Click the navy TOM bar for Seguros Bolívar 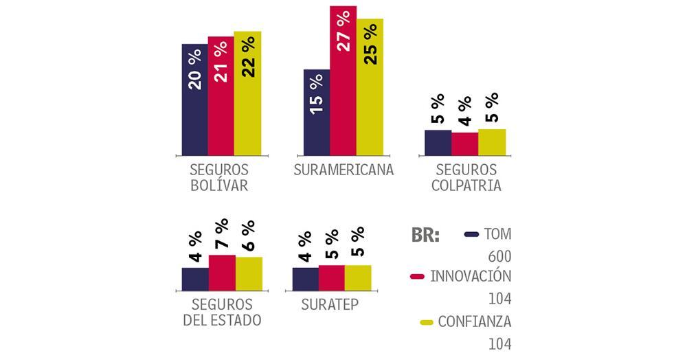point(194,100)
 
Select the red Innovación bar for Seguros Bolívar point(221,96)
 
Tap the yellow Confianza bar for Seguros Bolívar point(247,93)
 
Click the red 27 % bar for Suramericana point(343,80)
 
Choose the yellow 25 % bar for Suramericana point(370,87)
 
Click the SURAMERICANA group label point(343,170)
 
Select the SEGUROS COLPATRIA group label point(464,177)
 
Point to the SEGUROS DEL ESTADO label point(222,312)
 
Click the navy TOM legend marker point(471,234)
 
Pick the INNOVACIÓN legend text point(471,276)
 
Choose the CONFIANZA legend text point(475,321)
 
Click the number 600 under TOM point(500,256)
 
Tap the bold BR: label point(425,235)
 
